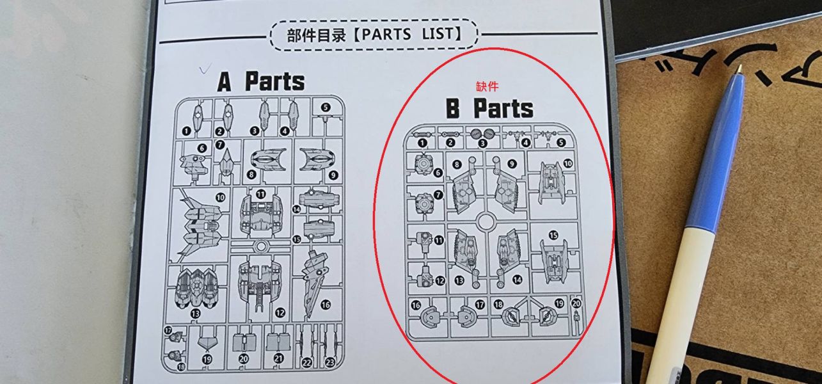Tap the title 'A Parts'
pyautogui.click(x=261, y=82)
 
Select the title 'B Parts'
pyautogui.click(x=489, y=109)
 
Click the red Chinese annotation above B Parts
pyautogui.click(x=487, y=86)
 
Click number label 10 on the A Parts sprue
pyautogui.click(x=221, y=198)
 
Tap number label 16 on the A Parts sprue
pyautogui.click(x=325, y=304)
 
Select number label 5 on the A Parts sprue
pyautogui.click(x=326, y=108)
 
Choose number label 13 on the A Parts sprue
pyautogui.click(x=195, y=313)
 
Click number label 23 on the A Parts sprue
pyautogui.click(x=329, y=362)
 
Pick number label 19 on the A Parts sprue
pyautogui.click(x=207, y=360)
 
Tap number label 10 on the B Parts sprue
pyautogui.click(x=567, y=164)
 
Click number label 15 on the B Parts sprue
pyautogui.click(x=553, y=236)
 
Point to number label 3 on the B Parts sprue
pyautogui.click(x=482, y=143)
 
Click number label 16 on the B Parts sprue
pyautogui.click(x=416, y=305)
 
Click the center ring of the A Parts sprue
pyautogui.click(x=260, y=246)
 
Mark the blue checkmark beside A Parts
pyautogui.click(x=205, y=68)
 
